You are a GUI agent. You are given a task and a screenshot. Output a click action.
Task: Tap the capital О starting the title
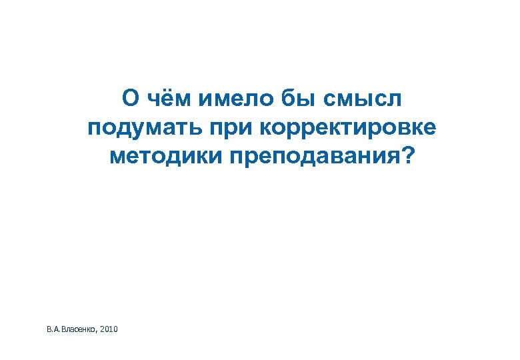click(131, 99)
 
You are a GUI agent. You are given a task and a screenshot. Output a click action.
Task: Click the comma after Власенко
click(98, 332)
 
